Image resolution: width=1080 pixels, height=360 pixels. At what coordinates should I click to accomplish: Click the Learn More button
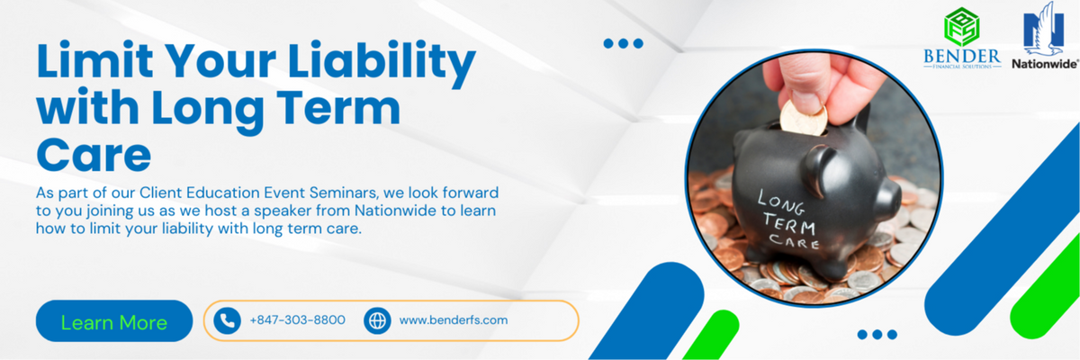click(x=114, y=321)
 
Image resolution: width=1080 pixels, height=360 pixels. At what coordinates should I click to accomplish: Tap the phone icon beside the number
click(x=227, y=320)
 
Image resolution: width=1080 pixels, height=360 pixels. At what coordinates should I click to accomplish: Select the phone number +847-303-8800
click(x=298, y=320)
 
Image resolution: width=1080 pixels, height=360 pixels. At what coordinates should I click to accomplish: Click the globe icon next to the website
click(x=377, y=320)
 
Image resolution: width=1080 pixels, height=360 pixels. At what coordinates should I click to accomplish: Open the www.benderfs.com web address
click(x=454, y=320)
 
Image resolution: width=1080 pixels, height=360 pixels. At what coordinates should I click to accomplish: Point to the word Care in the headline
click(x=94, y=155)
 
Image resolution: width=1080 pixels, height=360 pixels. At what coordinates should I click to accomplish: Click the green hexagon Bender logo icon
click(x=961, y=27)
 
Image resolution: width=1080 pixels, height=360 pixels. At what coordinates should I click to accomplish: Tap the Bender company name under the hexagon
click(x=962, y=57)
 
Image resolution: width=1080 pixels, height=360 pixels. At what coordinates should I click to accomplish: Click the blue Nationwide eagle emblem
click(x=1044, y=29)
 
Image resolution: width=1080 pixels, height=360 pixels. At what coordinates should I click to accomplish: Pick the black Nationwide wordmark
click(x=1044, y=64)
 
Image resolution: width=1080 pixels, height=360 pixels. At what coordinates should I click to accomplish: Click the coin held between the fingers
click(x=803, y=117)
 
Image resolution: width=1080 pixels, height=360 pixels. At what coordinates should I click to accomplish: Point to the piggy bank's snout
click(x=886, y=197)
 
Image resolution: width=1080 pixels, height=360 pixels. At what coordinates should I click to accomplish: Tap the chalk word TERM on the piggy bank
click(x=791, y=225)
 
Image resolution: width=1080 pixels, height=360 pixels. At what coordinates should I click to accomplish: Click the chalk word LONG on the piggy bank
click(x=781, y=202)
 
